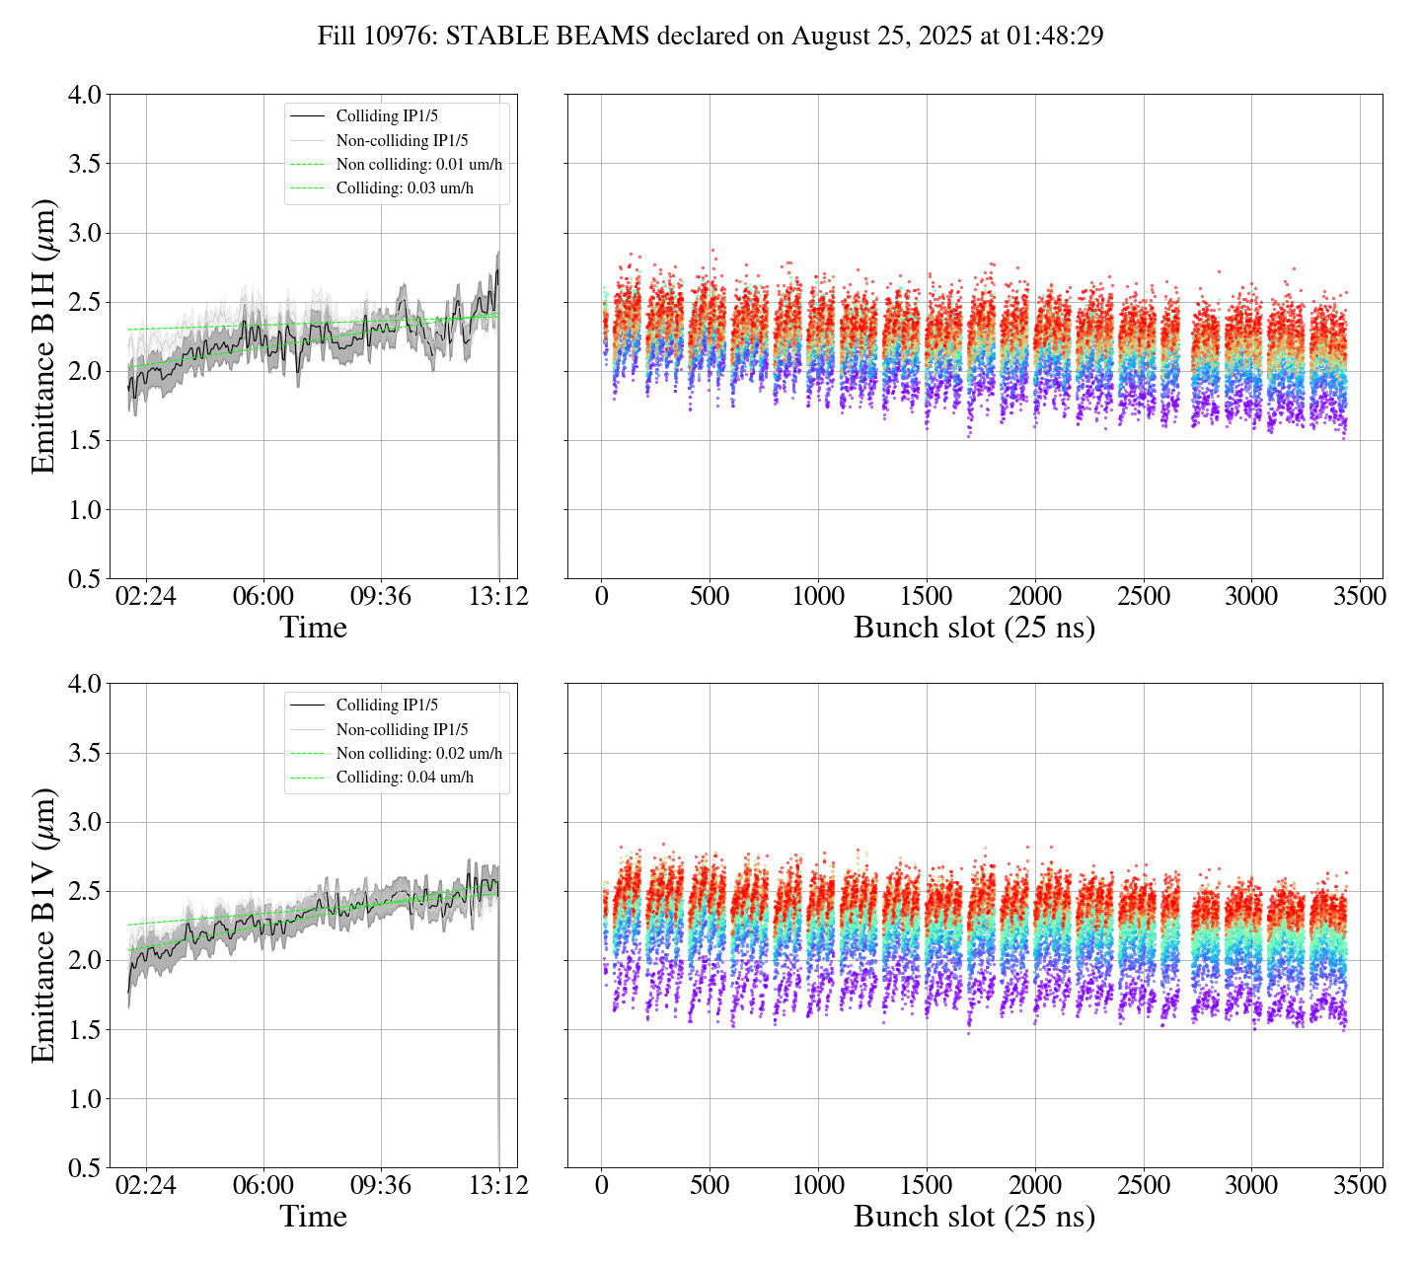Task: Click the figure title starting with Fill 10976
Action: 710,37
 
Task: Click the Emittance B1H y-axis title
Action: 42,336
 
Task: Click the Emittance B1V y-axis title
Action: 42,926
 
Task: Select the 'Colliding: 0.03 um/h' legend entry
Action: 405,188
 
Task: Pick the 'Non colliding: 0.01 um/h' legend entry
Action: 418,165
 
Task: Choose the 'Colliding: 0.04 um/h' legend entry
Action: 405,778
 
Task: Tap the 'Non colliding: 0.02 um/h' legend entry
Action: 418,754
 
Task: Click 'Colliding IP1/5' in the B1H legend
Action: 387,116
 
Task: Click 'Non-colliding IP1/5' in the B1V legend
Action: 402,730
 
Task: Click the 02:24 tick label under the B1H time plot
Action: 146,597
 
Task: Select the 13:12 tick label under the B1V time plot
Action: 498,1185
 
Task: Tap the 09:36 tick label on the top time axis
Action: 381,597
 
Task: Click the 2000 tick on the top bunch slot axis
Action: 1034,597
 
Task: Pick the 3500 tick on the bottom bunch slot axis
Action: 1359,1185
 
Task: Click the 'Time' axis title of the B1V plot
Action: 313,1217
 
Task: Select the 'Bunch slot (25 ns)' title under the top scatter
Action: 974,628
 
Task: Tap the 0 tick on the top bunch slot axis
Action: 602,597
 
